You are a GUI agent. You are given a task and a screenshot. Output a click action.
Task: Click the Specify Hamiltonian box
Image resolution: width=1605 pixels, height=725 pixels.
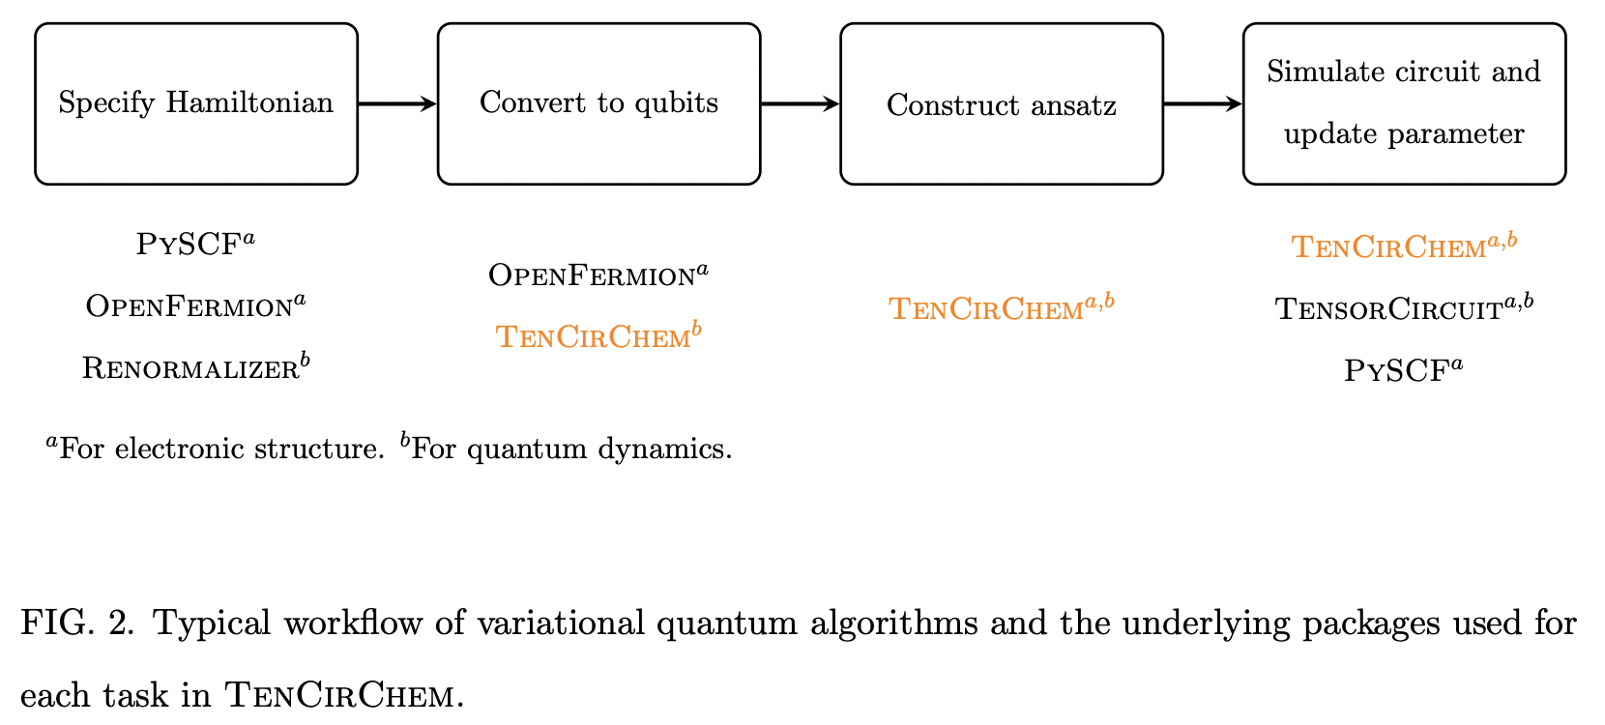click(196, 103)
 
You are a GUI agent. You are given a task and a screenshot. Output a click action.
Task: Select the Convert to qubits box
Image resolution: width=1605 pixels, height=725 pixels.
click(598, 103)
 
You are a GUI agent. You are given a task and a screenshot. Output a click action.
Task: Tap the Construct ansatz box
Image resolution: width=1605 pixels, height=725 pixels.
click(1002, 103)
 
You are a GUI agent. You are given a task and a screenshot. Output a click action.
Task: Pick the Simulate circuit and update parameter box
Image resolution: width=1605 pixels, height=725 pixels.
click(1404, 103)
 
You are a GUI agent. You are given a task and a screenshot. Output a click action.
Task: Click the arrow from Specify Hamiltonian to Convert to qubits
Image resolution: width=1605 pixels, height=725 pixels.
click(397, 103)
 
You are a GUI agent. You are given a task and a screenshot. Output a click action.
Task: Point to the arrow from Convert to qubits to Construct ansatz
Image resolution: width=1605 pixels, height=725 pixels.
click(800, 103)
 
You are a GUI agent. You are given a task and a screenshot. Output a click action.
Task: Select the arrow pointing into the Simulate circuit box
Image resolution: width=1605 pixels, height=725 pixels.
click(1203, 103)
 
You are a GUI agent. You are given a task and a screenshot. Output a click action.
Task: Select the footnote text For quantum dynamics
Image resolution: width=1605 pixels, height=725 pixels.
click(571, 449)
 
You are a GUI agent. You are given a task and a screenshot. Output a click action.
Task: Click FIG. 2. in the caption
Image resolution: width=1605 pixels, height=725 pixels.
click(77, 623)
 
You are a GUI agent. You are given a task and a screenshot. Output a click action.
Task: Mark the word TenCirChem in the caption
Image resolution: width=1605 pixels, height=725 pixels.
click(338, 696)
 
